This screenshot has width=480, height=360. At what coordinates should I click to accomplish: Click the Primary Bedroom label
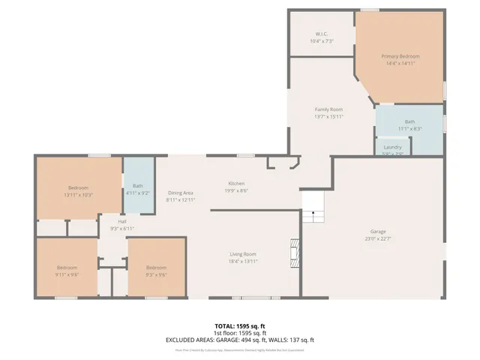point(400,56)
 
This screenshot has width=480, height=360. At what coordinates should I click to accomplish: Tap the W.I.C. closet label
point(321,34)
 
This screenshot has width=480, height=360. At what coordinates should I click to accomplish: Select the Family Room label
point(328,109)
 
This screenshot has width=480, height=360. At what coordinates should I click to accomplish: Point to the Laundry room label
point(393,147)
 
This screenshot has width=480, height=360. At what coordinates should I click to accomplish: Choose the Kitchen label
point(236,184)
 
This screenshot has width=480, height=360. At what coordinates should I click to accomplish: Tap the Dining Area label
point(181,193)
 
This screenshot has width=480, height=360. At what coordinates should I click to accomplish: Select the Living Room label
point(243,254)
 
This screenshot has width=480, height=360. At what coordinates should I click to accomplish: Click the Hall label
point(121,221)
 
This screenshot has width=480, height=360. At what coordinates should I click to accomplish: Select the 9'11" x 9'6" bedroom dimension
point(67,274)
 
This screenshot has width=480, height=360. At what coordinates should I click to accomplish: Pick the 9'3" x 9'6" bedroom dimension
point(156,274)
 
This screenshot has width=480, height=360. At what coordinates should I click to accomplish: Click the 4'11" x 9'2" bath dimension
point(138,193)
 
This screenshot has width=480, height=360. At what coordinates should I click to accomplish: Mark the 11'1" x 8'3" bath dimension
point(409,128)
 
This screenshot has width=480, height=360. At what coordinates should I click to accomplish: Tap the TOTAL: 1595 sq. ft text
point(239,326)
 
